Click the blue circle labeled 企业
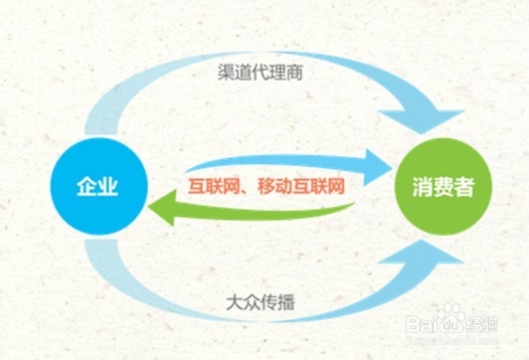98,186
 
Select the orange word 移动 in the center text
273,184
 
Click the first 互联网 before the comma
212,184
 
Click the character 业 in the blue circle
109,186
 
